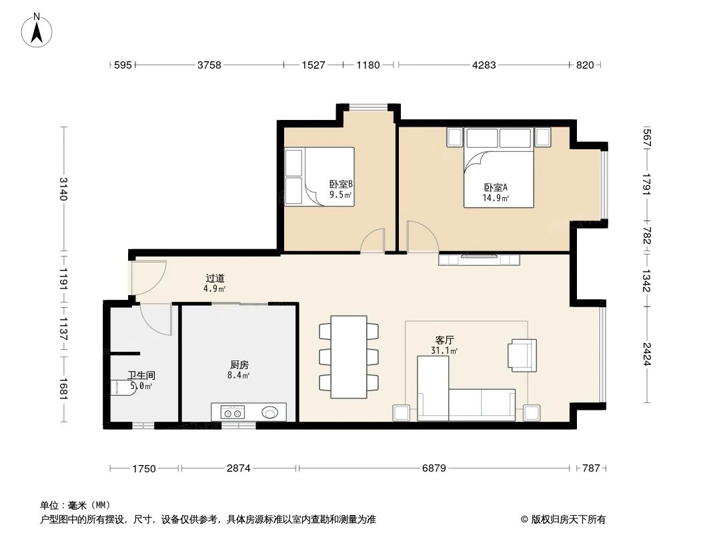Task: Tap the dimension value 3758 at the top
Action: tap(209, 65)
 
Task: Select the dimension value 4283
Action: tap(484, 65)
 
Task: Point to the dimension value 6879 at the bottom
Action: tap(434, 468)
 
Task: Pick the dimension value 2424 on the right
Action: tap(646, 353)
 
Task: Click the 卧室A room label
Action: tap(496, 188)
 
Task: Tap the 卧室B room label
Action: tap(340, 185)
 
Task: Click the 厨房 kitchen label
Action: tap(239, 365)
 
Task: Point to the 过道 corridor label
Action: tap(215, 278)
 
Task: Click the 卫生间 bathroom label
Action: tap(141, 376)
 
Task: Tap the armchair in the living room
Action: tap(522, 354)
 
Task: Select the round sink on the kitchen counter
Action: tap(271, 412)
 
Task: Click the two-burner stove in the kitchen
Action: tap(233, 412)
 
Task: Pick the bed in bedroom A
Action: tap(499, 177)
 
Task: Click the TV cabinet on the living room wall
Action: tap(478, 259)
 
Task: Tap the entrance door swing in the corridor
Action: tap(149, 278)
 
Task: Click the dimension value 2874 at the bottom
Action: tap(238, 468)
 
